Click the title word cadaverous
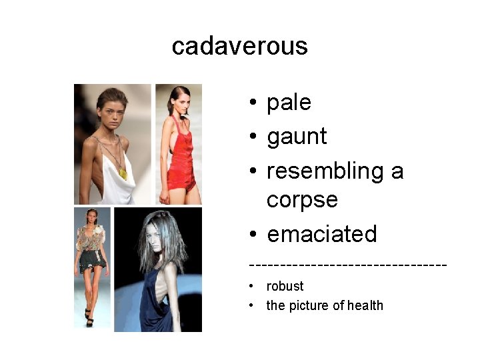coord(239,47)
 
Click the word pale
coord(289,103)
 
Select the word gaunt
coord(297,137)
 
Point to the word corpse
coord(302,199)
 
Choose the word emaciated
coord(322,234)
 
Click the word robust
coord(285,286)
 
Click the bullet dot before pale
coord(254,103)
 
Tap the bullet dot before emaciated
coord(254,235)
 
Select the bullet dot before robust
coord(252,287)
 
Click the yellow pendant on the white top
coord(123,173)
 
